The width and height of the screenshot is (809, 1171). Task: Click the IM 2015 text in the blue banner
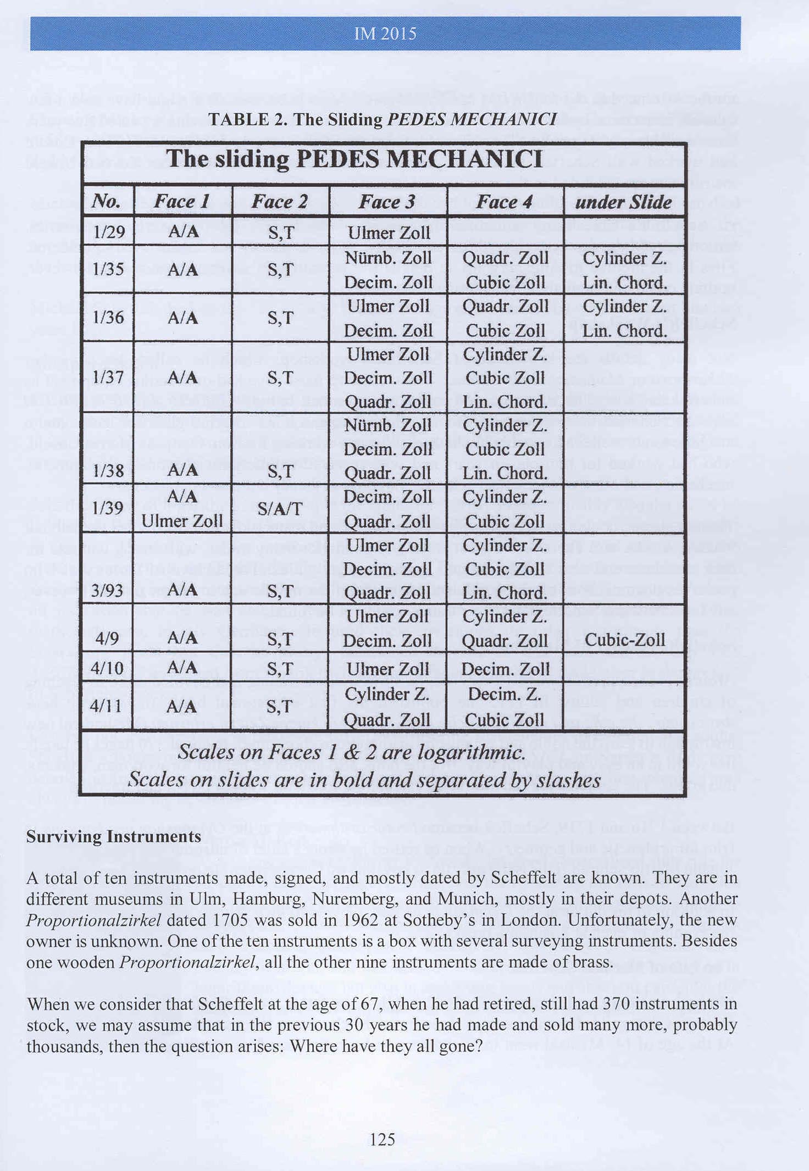coord(385,34)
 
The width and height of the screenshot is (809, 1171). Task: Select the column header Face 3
coord(386,202)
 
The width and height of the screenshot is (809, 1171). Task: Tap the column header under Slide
coord(623,202)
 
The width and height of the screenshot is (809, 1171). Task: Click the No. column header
coord(106,202)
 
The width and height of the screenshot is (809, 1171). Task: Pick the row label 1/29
coord(109,232)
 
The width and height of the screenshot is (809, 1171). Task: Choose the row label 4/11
coord(107,706)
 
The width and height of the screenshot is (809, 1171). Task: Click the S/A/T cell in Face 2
coord(280,509)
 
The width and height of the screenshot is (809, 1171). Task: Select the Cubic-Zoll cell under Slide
coord(625,640)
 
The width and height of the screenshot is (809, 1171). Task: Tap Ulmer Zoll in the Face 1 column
coord(182,520)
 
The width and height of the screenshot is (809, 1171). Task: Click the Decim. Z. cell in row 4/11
coord(505,695)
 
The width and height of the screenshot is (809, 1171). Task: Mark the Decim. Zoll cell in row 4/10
coord(505,669)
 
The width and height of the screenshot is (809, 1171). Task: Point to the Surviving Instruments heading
coord(114,836)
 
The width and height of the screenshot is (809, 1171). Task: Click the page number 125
coord(383,1139)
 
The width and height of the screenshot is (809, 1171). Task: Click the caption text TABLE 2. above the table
coord(248,119)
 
